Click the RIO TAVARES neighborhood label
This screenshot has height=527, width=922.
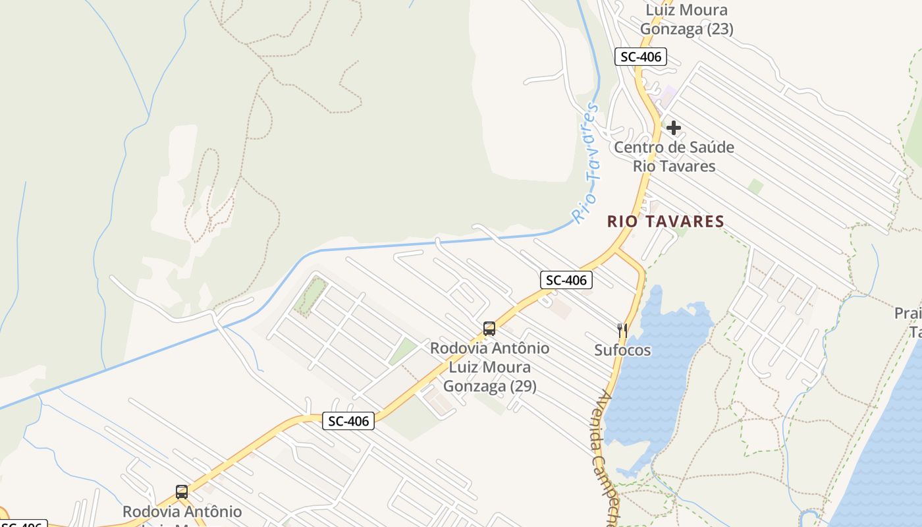coord(665,221)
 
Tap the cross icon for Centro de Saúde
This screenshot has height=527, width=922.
coord(673,127)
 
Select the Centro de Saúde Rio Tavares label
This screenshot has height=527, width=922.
coord(674,156)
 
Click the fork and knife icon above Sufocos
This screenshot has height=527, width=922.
coord(622,329)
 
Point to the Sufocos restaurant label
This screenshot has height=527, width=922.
coord(622,350)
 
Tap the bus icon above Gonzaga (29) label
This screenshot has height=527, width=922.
coord(489,328)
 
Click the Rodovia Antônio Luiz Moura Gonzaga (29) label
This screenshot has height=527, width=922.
coord(489,366)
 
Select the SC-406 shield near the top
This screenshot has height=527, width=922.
coord(640,57)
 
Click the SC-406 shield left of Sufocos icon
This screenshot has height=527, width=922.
coord(566,280)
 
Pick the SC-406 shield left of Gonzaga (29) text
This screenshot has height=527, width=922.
coord(348,420)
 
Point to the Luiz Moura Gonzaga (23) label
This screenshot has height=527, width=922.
coord(686,19)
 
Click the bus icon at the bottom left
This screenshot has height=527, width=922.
coord(181,491)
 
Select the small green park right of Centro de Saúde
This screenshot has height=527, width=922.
coord(755,186)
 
